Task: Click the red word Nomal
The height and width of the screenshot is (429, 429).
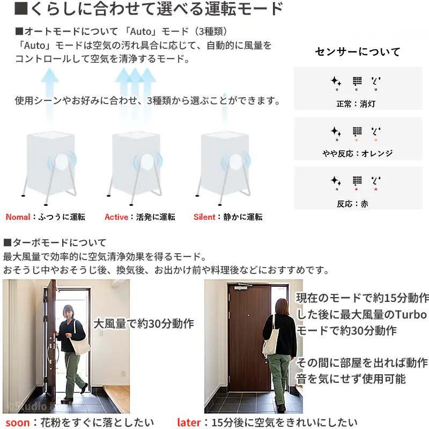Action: tap(18, 217)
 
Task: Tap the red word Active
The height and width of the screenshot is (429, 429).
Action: tap(116, 217)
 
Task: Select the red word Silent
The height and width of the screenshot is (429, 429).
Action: tap(205, 217)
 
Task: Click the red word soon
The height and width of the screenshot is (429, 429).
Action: tap(18, 423)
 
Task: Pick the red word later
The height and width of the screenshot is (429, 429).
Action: tap(189, 423)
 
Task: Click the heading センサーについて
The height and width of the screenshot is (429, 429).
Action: tap(358, 51)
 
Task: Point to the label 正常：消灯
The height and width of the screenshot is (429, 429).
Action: tap(356, 104)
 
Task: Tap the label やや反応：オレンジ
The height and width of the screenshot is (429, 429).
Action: tap(357, 153)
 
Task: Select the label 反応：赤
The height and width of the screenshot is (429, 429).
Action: tap(352, 204)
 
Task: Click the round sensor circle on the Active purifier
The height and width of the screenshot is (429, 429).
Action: tap(147, 161)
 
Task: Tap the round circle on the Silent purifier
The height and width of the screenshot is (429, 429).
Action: tap(235, 161)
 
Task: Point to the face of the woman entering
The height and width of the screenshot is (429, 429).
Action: tap(69, 313)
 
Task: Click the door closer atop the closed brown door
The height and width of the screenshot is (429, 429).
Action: tap(243, 287)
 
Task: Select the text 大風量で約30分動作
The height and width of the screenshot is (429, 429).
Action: tap(144, 324)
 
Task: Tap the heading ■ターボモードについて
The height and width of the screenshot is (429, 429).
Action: tap(55, 242)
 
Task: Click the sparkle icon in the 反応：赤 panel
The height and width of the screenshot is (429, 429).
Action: tap(336, 181)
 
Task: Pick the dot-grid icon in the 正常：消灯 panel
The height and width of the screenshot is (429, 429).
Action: tap(357, 81)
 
